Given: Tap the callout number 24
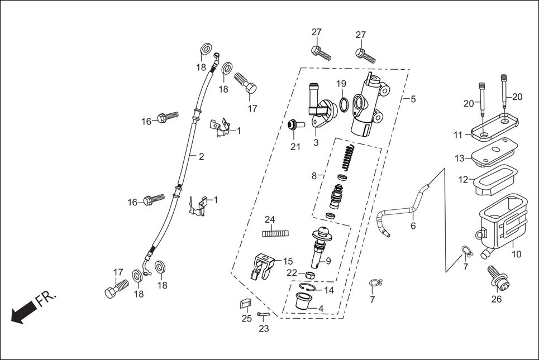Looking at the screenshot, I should point(270,219).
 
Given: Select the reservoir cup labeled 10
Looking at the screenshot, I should point(501,226).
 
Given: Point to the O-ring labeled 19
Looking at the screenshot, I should point(344,103).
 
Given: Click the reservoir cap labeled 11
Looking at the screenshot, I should point(494,127).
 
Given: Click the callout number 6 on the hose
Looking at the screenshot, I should point(413,226).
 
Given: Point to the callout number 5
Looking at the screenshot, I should point(413,99).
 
